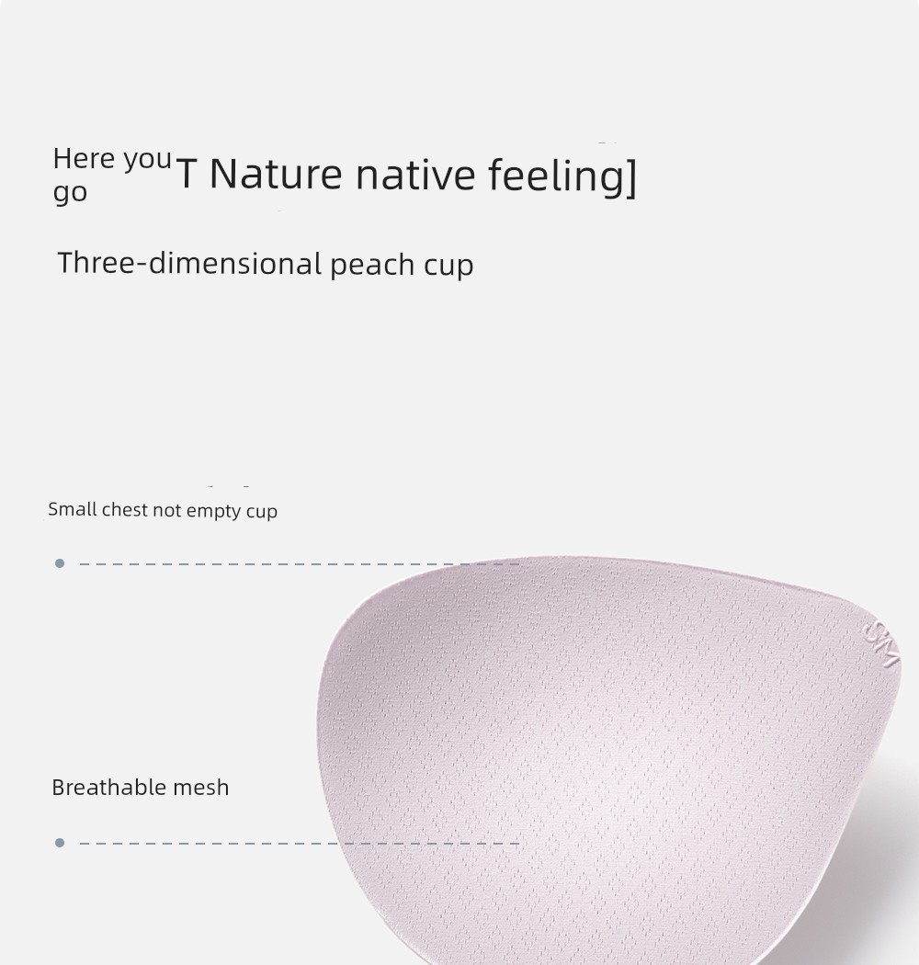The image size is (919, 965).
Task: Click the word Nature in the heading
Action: tap(276, 174)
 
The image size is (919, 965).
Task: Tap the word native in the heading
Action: tap(415, 174)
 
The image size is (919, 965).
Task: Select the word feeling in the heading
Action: tap(556, 177)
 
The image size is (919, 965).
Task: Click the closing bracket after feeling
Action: tap(631, 177)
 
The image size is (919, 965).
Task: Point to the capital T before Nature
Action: tap(187, 174)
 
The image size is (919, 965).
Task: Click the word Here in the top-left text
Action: tap(84, 159)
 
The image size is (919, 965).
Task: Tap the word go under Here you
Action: tap(70, 193)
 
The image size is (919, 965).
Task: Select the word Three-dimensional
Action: tap(189, 263)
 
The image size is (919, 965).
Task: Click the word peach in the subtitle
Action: tap(372, 266)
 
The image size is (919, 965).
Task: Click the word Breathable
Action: tap(108, 787)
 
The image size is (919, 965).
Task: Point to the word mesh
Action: tap(200, 787)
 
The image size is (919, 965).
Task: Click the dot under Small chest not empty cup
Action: tap(60, 563)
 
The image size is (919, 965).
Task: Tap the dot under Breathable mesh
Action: tap(60, 843)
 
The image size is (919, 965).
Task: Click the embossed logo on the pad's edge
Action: tap(880, 645)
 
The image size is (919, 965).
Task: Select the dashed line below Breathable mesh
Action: tap(300, 843)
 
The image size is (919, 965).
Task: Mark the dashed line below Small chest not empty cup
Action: tap(300, 563)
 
